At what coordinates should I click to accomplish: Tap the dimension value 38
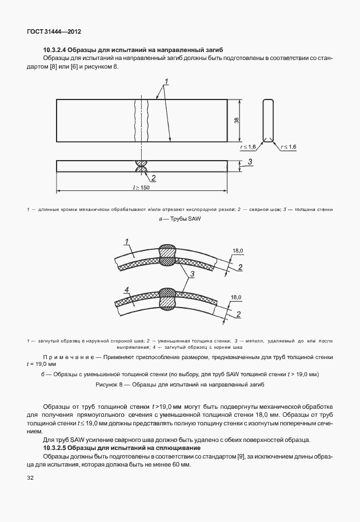pyautogui.click(x=237, y=120)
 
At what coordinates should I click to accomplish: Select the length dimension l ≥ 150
pyautogui.click(x=140, y=187)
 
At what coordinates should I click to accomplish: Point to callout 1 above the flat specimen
pyautogui.click(x=166, y=81)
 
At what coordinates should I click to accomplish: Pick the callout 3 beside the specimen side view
pyautogui.click(x=250, y=162)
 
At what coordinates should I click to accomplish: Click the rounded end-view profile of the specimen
pyautogui.click(x=268, y=120)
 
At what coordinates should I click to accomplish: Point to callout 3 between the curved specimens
pyautogui.click(x=193, y=275)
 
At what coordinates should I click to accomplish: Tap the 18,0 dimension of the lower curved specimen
pyautogui.click(x=237, y=297)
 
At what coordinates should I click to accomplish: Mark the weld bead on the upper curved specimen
pyautogui.click(x=168, y=252)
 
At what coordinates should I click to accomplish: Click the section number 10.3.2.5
pyautogui.click(x=55, y=447)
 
